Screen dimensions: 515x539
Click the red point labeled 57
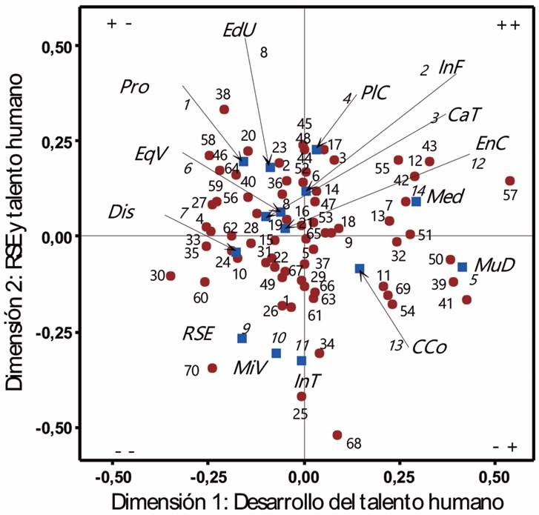[x=510, y=181]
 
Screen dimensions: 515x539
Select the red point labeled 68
[x=337, y=435]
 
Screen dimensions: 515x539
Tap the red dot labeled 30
[x=171, y=276]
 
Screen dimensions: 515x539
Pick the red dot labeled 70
[x=213, y=368]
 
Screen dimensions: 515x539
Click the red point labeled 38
[x=225, y=110]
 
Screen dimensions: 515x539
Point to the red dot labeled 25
[x=301, y=396]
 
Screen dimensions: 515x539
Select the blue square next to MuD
[x=462, y=267]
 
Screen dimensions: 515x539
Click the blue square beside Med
[x=416, y=202]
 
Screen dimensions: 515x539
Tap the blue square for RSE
[x=242, y=338]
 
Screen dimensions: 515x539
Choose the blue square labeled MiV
[x=276, y=353]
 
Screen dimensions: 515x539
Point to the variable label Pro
[x=135, y=87]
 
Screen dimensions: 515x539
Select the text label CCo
[x=428, y=346]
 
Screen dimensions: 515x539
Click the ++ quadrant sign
[x=506, y=24]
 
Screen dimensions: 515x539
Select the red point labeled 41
[x=467, y=299]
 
